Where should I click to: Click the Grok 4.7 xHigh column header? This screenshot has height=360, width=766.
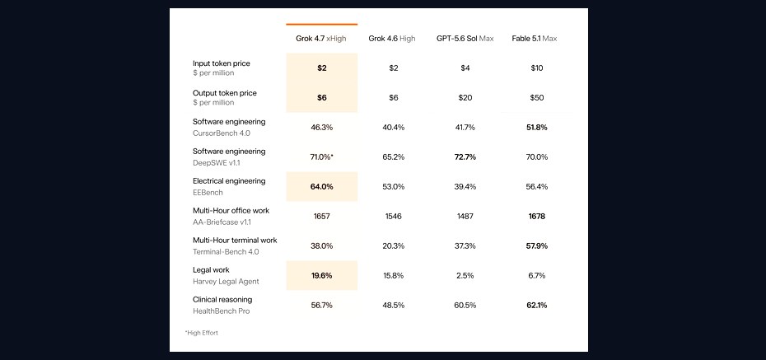pyautogui.click(x=321, y=39)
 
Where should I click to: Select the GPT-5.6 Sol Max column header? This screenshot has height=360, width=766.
pyautogui.click(x=465, y=39)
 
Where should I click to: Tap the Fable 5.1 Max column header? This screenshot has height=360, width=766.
pyautogui.click(x=535, y=39)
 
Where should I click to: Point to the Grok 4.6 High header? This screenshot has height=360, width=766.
pyautogui.click(x=392, y=39)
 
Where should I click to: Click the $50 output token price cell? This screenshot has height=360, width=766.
pyautogui.click(x=537, y=98)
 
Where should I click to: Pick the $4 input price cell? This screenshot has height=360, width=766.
pyautogui.click(x=465, y=68)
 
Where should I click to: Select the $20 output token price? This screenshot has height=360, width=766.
pyautogui.click(x=465, y=98)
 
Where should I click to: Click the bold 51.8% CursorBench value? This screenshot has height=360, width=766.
pyautogui.click(x=537, y=128)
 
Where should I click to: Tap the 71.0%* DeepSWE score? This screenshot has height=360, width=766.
pyautogui.click(x=322, y=157)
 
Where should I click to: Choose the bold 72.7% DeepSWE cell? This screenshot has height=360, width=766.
pyautogui.click(x=465, y=157)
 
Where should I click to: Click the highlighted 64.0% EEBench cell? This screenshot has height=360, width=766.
pyautogui.click(x=322, y=187)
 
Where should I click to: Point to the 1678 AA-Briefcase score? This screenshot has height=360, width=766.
pyautogui.click(x=537, y=217)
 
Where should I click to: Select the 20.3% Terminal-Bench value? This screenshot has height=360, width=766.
pyautogui.click(x=393, y=246)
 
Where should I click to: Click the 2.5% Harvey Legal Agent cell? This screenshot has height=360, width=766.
pyautogui.click(x=465, y=276)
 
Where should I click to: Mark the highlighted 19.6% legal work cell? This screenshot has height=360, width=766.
pyautogui.click(x=322, y=275)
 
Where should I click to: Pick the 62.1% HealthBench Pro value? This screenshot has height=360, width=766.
pyautogui.click(x=537, y=306)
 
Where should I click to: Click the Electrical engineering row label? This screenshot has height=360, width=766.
pyautogui.click(x=229, y=181)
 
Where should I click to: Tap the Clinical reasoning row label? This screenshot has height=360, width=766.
pyautogui.click(x=222, y=299)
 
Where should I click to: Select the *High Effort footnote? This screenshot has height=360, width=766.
pyautogui.click(x=202, y=333)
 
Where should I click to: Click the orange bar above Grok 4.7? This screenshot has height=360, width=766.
pyautogui.click(x=322, y=24)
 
